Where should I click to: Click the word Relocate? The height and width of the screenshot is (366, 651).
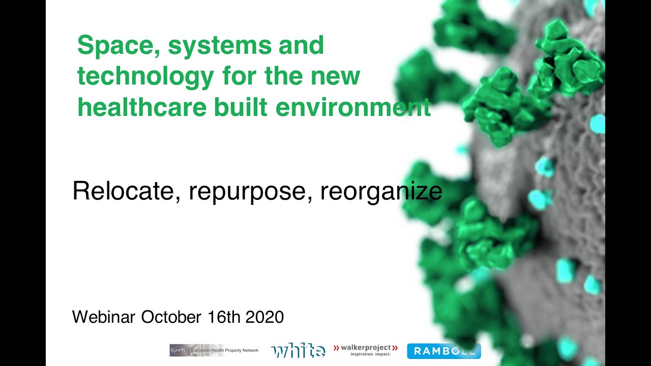click(x=123, y=192)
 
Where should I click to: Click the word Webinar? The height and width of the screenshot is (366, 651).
click(x=104, y=317)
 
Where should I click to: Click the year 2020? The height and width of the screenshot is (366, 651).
click(x=264, y=317)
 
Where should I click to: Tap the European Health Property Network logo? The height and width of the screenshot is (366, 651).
click(x=214, y=350)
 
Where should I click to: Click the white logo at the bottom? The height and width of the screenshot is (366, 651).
click(x=298, y=350)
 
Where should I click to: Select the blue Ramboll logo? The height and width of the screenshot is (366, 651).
click(x=443, y=351)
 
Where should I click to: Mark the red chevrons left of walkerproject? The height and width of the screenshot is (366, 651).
click(x=336, y=348)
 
